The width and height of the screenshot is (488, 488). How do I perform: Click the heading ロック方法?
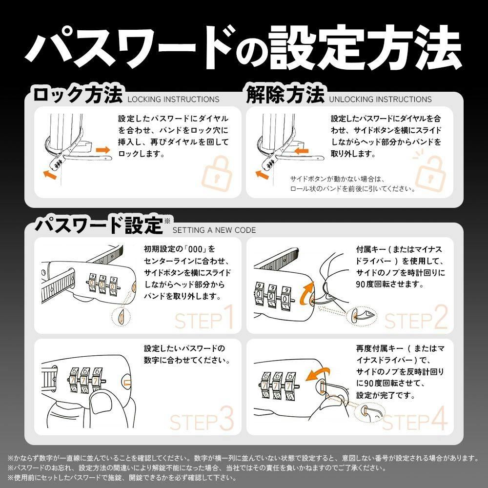(78, 95)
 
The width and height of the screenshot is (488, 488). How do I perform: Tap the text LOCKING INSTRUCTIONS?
(173, 99)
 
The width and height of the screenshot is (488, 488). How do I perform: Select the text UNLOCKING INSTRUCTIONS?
(380, 99)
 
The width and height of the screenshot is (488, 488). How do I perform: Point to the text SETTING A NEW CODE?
(214, 230)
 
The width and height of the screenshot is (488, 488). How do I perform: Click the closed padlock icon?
(217, 174)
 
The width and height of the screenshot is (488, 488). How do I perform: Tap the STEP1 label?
(204, 317)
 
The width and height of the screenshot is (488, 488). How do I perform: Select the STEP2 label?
(416, 318)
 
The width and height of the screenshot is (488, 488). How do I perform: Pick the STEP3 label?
(202, 419)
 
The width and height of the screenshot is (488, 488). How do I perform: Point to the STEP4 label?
(415, 419)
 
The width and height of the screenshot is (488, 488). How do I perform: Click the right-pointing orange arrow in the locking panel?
(103, 150)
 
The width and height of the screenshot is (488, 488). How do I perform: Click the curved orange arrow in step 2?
(306, 292)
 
